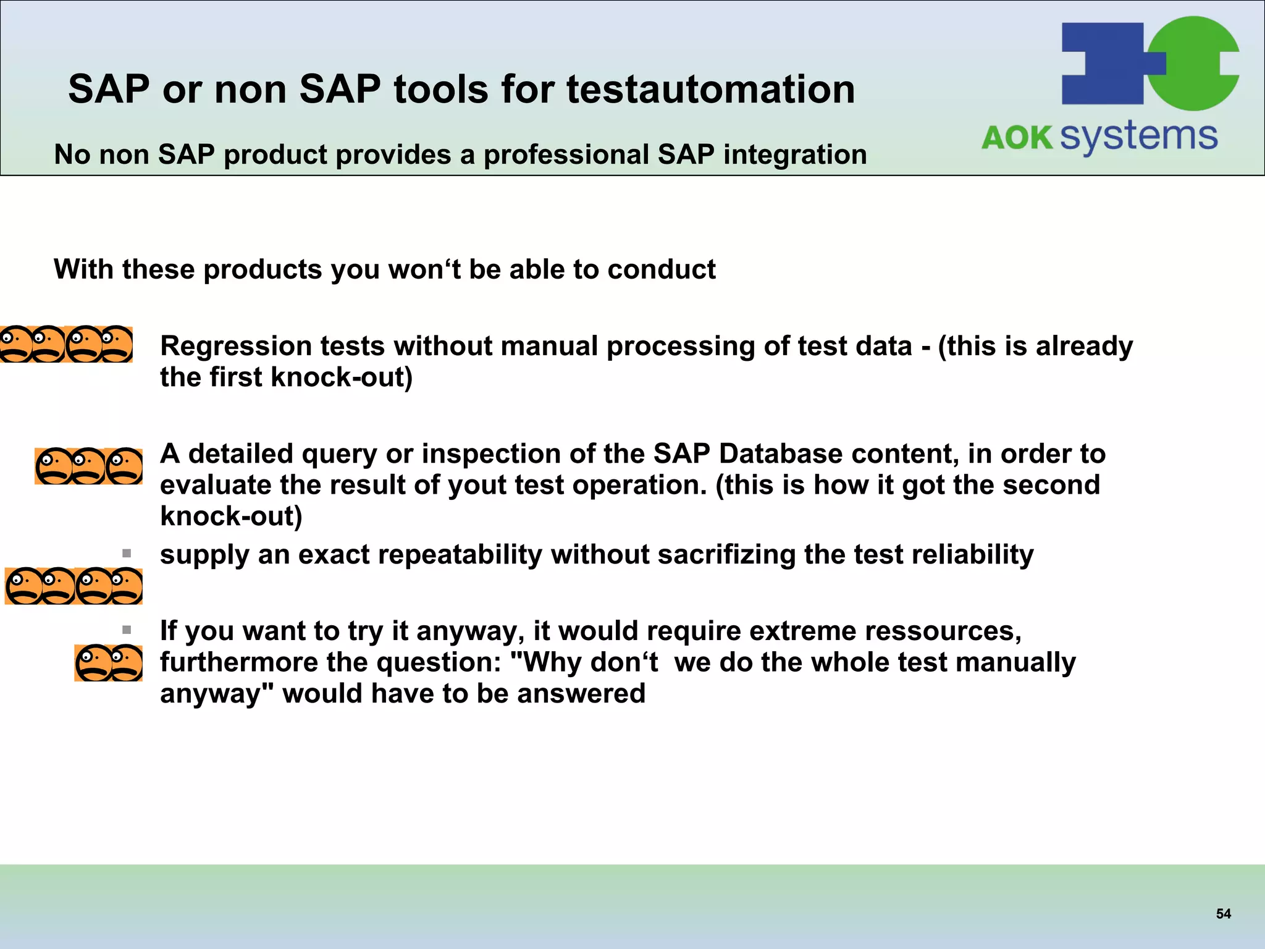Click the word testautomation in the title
click(x=710, y=89)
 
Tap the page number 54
click(x=1223, y=914)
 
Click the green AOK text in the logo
click(x=1017, y=137)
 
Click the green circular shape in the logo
click(x=1195, y=62)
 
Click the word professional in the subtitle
click(x=566, y=154)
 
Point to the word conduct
click(x=662, y=269)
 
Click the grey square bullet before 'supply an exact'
click(x=127, y=553)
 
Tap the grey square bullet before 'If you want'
click(x=127, y=630)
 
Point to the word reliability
click(x=974, y=555)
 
